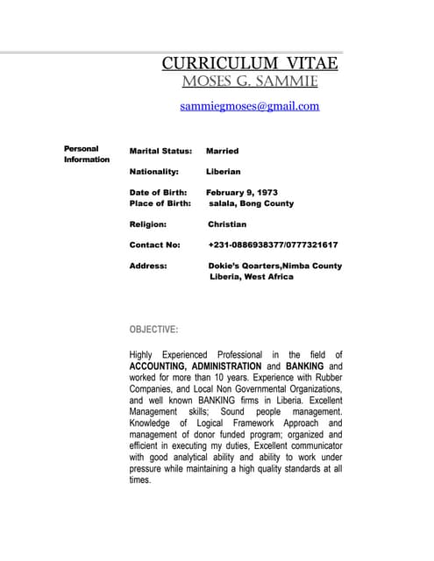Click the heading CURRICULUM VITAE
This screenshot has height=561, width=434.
coord(250,64)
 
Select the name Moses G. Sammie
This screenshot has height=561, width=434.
coord(250,82)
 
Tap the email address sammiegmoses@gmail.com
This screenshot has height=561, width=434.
coord(250,106)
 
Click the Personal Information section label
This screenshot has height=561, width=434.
coord(86,154)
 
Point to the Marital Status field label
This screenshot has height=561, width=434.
coord(160,151)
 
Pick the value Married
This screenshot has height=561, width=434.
coord(222,151)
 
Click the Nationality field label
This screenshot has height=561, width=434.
coord(153,172)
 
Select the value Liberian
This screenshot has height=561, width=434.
coord(223,172)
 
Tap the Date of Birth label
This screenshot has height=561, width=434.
coord(158,193)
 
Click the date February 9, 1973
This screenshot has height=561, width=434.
coord(242,193)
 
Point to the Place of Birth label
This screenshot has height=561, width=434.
coord(160,203)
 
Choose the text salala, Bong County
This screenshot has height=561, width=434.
coord(251,203)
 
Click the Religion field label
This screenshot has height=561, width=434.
coord(147,224)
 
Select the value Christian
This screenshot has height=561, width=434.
coord(227,224)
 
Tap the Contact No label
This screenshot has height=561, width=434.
coord(154,245)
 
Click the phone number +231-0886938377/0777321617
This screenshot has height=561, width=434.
coord(273,245)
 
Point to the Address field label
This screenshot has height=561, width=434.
coord(148,266)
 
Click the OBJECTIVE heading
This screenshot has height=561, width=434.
coord(153,330)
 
